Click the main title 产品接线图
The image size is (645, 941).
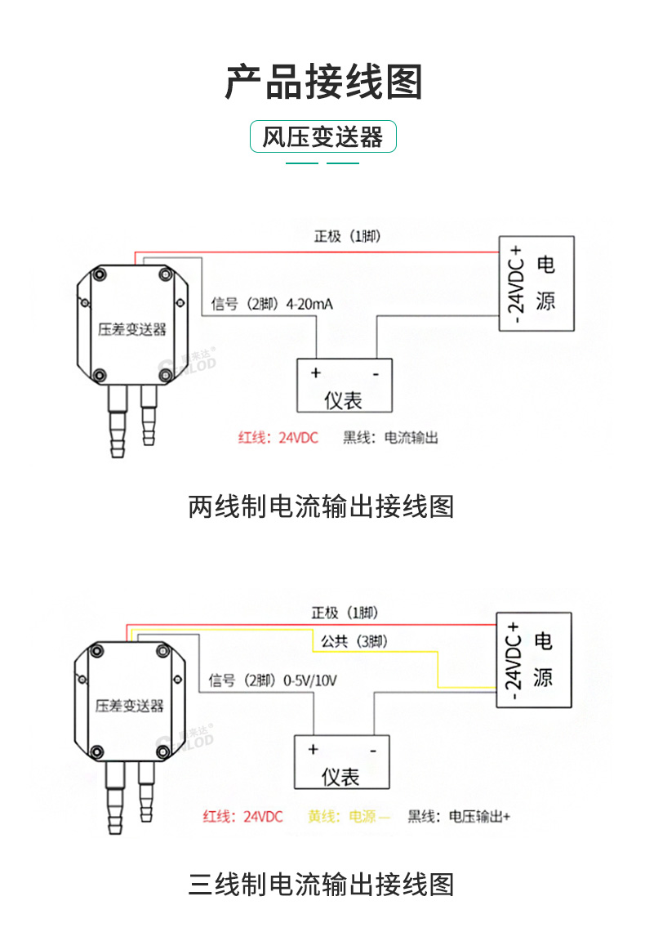point(322,82)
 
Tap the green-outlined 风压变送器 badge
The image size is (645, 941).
point(322,137)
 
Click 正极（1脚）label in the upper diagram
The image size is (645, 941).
point(347,237)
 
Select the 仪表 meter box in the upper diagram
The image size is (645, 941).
point(344,386)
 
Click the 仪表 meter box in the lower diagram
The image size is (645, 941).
point(341,761)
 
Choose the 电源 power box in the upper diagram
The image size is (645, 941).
point(536,283)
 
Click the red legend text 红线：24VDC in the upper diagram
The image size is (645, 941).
point(278,438)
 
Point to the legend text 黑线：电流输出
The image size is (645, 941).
point(390,438)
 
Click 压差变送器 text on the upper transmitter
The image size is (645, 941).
point(131,329)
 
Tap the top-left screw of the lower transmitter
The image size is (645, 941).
point(97,650)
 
